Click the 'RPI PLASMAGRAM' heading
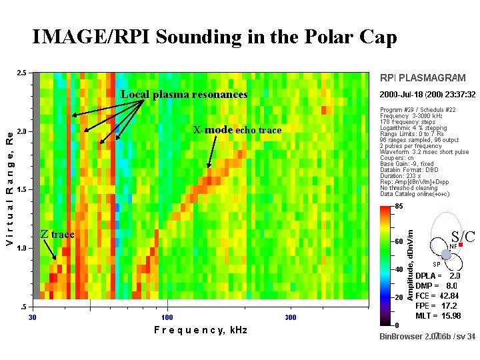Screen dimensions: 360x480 coord(423,78)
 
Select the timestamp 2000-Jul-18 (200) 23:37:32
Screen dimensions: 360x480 coord(427,95)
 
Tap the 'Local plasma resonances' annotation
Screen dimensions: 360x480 coord(183,95)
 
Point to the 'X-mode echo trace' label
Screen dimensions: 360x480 coord(237,130)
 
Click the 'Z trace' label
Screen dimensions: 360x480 coord(57,234)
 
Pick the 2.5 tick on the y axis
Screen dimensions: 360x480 coord(22,73)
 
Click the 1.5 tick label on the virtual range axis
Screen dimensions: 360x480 coord(22,190)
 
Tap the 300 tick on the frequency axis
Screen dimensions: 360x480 coord(291,317)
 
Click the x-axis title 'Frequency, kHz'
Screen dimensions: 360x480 coord(200,330)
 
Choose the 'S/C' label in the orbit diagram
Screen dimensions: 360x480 coord(463,236)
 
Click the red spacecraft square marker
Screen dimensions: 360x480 coord(460,245)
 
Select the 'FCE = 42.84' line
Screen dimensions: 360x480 coord(437,295)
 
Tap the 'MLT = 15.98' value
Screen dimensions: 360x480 coord(437,315)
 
